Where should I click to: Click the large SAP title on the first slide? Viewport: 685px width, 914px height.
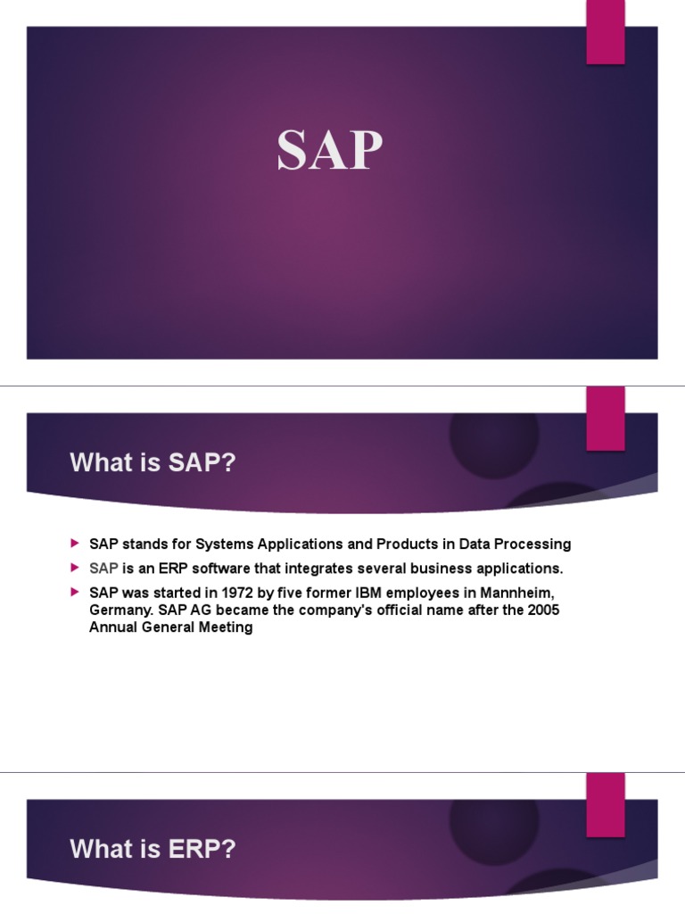pos(329,150)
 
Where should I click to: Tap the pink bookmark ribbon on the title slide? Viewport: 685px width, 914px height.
pos(605,32)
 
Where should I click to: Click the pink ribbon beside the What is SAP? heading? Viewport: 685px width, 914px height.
pos(605,419)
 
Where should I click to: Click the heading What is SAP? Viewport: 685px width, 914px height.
pos(153,464)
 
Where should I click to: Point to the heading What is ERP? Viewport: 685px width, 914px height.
pos(153,850)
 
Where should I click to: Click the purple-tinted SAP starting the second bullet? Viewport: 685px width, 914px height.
pos(103,569)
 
